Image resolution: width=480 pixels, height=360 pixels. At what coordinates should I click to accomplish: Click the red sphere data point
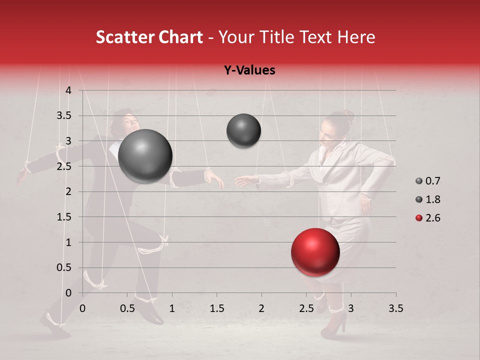pyautogui.click(x=315, y=252)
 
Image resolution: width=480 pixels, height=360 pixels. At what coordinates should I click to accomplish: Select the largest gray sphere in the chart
pyautogui.click(x=145, y=156)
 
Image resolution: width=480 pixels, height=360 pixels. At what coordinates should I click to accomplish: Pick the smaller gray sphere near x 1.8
pyautogui.click(x=243, y=130)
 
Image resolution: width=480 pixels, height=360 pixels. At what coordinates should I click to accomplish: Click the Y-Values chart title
pyautogui.click(x=249, y=70)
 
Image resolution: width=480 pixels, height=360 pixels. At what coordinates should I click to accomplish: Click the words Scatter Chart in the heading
pyautogui.click(x=149, y=37)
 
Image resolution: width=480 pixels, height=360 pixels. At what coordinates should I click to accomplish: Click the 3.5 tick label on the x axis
pyautogui.click(x=395, y=308)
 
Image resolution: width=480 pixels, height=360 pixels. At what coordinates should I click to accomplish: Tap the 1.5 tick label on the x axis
pyautogui.click(x=216, y=308)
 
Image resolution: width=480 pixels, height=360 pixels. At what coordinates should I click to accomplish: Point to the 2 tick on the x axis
pyautogui.click(x=261, y=308)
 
